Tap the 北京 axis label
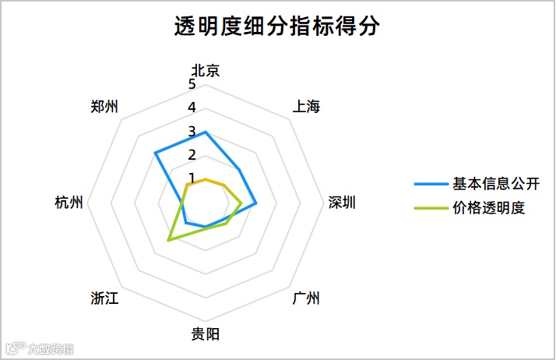click(x=205, y=70)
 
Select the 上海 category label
click(x=306, y=107)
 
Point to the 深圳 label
click(x=341, y=203)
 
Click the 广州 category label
click(x=306, y=299)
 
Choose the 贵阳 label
click(x=205, y=335)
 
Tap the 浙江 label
click(x=104, y=299)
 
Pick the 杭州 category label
click(x=69, y=203)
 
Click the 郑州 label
click(x=104, y=107)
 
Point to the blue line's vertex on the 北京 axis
click(x=205, y=132)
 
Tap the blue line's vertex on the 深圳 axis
click(x=256, y=203)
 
